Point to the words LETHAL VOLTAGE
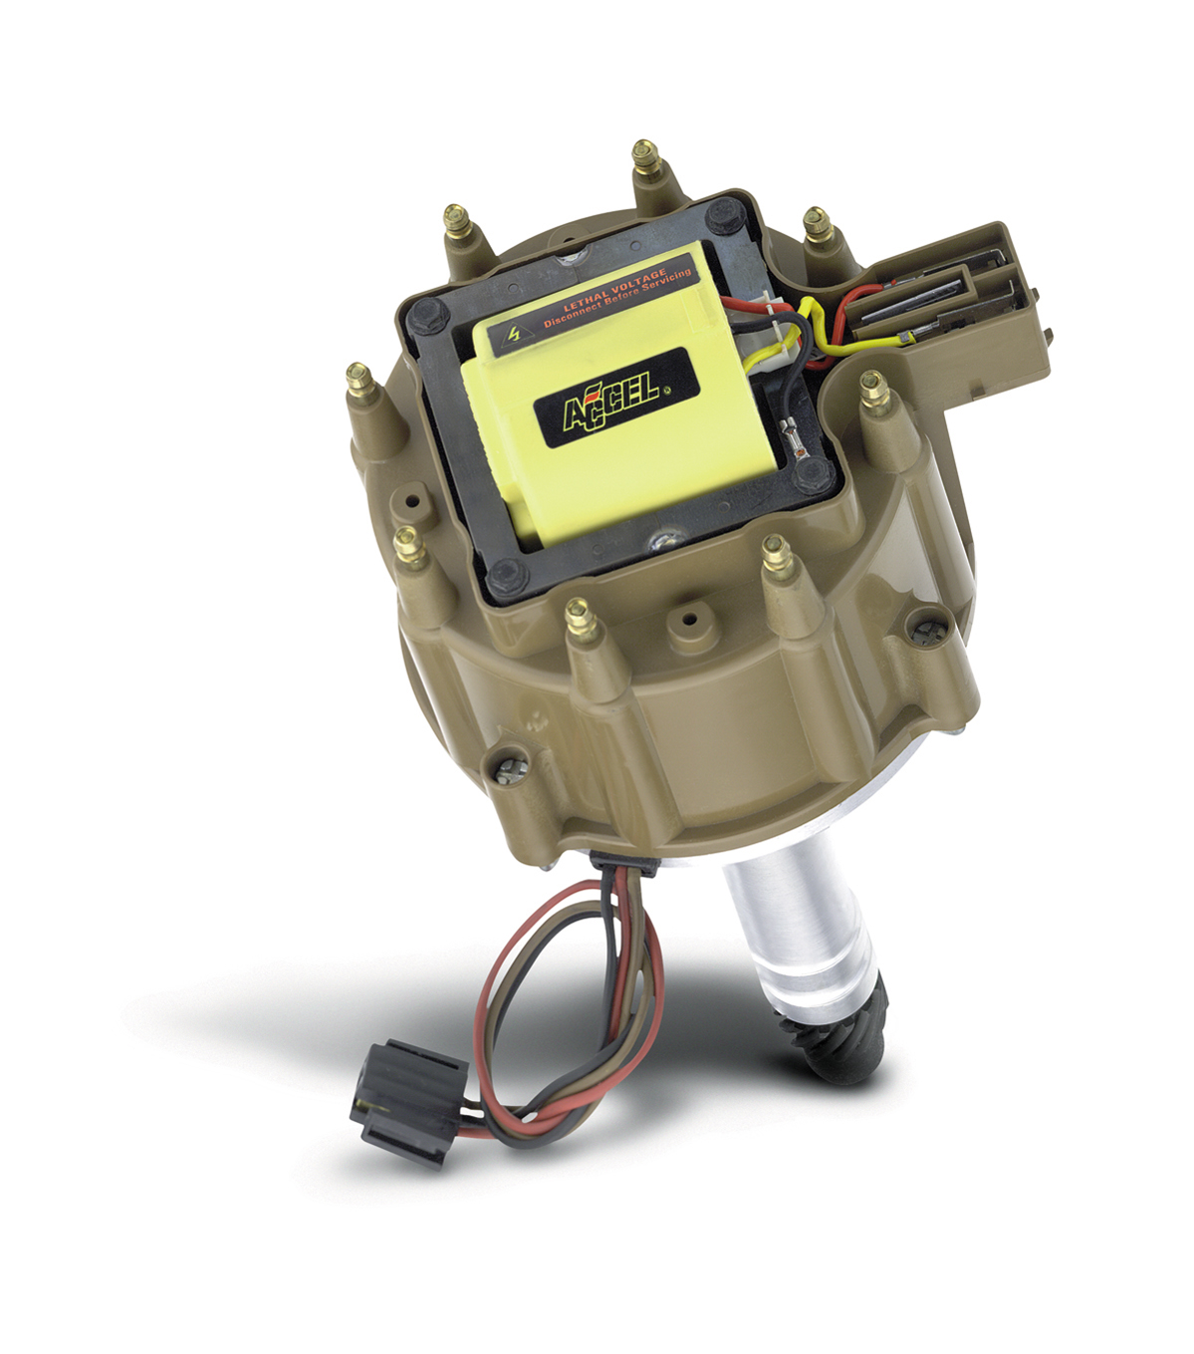coord(615,288)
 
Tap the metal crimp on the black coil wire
coord(792,430)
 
